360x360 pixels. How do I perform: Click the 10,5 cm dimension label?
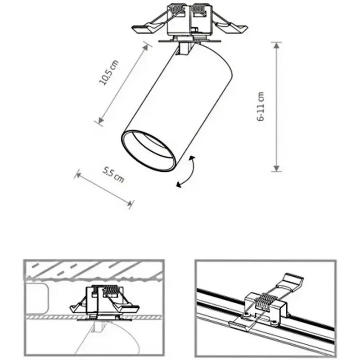pyautogui.click(x=109, y=72)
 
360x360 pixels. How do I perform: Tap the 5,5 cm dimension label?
pyautogui.click(x=113, y=175)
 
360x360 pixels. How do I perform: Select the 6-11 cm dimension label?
pyautogui.click(x=261, y=106)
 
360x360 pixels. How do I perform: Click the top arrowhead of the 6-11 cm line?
pyautogui.click(x=277, y=46)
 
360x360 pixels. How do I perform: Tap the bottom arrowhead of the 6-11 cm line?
pyautogui.click(x=277, y=168)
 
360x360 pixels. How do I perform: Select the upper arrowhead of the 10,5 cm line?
pyautogui.click(x=146, y=47)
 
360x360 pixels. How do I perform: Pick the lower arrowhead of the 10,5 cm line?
pyautogui.click(x=100, y=120)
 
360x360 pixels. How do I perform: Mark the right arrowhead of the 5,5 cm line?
pyautogui.click(x=129, y=203)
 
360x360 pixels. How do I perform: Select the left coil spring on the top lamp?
pyautogui.click(x=177, y=9)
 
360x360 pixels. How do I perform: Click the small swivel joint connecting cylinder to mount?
pyautogui.click(x=185, y=49)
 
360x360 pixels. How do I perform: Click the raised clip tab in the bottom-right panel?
pyautogui.click(x=290, y=282)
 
